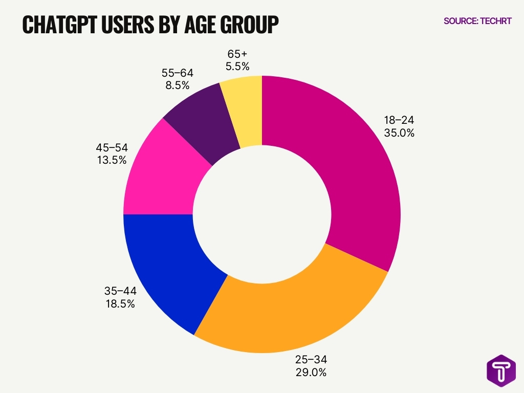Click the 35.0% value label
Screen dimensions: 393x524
[x=399, y=133]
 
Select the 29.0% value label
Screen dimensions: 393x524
[x=311, y=372]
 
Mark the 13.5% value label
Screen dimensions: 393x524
[x=112, y=160]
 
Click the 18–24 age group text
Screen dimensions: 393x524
[x=399, y=120]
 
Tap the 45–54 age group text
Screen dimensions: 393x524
[x=112, y=147]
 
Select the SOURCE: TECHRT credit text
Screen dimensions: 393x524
[x=477, y=21]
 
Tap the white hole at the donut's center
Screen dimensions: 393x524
[x=261, y=214]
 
